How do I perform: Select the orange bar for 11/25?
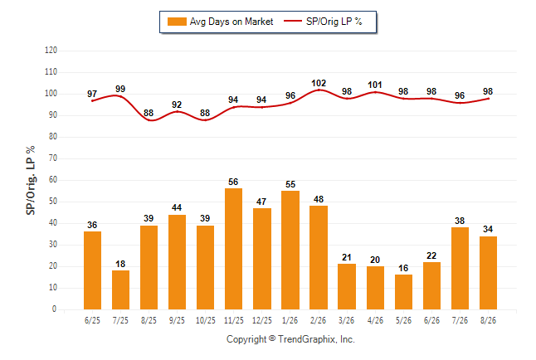point(233,249)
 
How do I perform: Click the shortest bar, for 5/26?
point(403,292)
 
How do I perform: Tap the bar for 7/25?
point(120,290)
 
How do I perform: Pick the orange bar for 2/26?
point(319,257)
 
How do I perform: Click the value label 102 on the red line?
point(319,83)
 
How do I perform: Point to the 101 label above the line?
point(375,85)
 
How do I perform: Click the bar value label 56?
point(233,182)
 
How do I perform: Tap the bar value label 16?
point(403,268)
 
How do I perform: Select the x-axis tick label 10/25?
point(206,320)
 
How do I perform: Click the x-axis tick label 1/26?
point(290,320)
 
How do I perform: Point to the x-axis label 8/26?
point(488,320)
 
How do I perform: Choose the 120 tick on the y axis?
point(51,51)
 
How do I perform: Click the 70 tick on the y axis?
point(53,158)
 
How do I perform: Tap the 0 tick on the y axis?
point(55,309)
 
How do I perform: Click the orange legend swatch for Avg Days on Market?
point(177,22)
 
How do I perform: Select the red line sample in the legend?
point(293,21)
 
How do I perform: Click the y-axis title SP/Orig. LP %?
point(31,180)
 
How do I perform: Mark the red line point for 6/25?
point(92,101)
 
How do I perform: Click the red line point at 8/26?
point(489,99)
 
